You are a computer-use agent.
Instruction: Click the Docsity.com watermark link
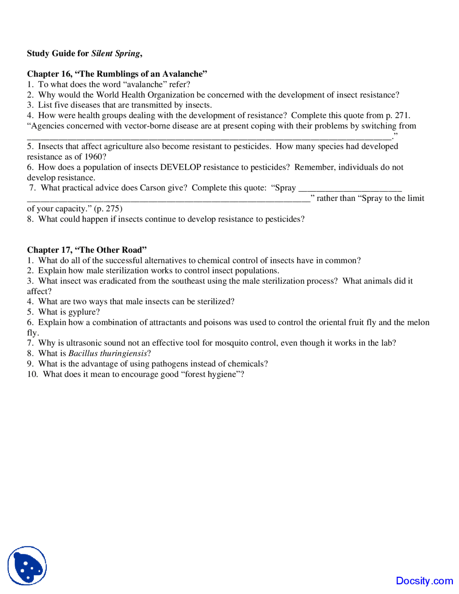tap(424, 581)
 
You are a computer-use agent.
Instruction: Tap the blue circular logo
tap(27, 566)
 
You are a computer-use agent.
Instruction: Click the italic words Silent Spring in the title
tap(115, 53)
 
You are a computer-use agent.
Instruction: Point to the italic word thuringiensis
tap(123, 353)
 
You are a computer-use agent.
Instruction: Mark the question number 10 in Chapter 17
tap(32, 374)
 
